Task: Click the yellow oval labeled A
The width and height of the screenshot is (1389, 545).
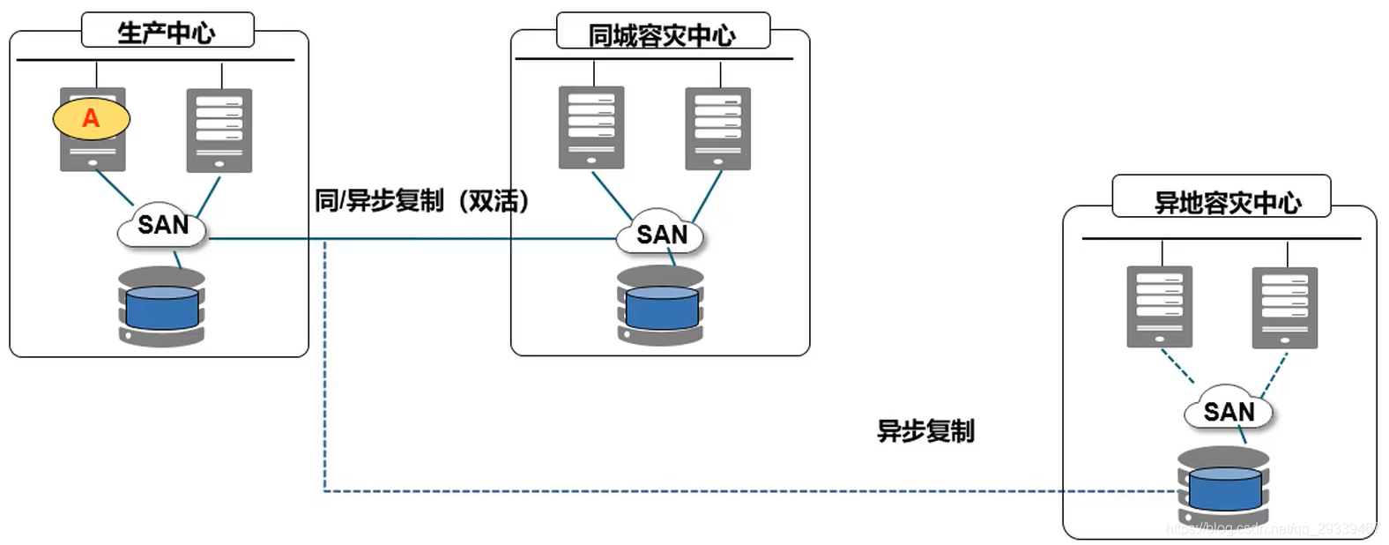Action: point(91,118)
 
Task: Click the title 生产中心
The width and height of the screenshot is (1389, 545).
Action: point(167,33)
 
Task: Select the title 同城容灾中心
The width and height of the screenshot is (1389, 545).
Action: point(662,35)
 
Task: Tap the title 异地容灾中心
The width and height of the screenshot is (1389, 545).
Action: point(1227,203)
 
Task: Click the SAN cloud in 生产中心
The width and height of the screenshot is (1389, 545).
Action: point(163,226)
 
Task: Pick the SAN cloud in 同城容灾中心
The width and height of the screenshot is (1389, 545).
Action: point(661,235)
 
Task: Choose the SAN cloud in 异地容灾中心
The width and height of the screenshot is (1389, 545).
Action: point(1229,412)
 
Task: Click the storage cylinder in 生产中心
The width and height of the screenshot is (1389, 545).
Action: point(162,307)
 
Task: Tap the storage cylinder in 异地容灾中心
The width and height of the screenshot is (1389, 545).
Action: point(1223,487)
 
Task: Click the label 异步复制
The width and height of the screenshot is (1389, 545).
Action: point(925,431)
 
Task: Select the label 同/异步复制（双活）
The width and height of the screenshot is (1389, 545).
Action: point(423,201)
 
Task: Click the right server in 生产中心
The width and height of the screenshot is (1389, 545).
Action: point(219,131)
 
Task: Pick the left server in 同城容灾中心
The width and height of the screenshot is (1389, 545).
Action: point(591,128)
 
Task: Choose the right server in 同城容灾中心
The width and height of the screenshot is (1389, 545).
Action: point(717,129)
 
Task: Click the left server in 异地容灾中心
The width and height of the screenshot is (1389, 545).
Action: point(1159,307)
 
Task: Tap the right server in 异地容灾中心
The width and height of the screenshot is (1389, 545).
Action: point(1284,308)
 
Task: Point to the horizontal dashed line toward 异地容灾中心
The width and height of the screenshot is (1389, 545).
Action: point(705,491)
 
